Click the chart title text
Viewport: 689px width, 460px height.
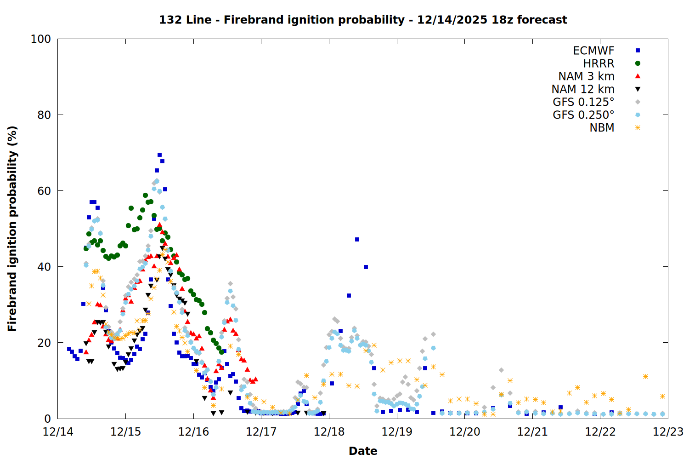pos(363,20)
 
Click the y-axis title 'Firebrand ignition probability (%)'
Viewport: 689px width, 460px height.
pos(12,229)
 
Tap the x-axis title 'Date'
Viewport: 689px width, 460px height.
pos(363,451)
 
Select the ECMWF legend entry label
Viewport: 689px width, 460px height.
pos(593,51)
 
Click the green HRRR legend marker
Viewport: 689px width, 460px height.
pos(638,63)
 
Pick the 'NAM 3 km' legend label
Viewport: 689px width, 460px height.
pos(586,76)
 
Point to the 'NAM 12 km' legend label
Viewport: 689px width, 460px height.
pos(583,89)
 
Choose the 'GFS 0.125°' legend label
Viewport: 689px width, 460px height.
pos(583,102)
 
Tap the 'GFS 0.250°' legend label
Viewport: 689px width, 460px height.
pos(583,115)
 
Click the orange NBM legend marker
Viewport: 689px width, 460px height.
pos(638,128)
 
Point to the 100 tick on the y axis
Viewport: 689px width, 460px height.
pos(41,39)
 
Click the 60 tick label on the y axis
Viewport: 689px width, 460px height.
pos(44,191)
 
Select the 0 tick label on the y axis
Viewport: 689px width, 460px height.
pos(47,419)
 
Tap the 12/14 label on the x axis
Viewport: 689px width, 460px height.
pos(58,432)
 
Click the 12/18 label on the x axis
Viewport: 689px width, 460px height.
pos(329,432)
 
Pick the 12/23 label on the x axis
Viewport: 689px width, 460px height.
pos(668,432)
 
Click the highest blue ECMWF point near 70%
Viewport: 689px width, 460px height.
pos(159,155)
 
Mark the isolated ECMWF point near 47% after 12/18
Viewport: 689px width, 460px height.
pos(357,240)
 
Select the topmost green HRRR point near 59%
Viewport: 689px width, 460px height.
pos(145,195)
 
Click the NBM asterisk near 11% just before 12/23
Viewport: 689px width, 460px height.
pos(645,377)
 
